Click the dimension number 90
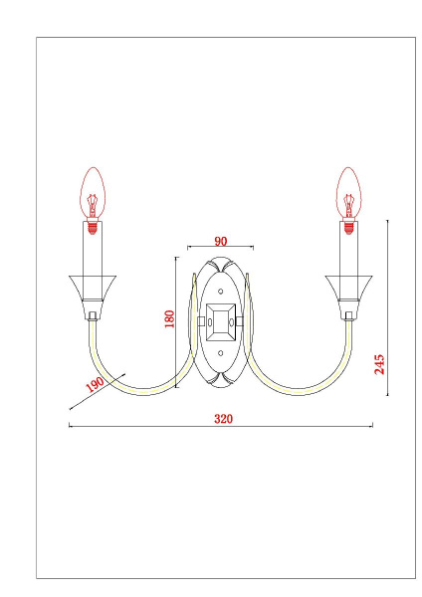pyautogui.click(x=220, y=241)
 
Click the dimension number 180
pyautogui.click(x=169, y=318)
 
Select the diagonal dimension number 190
pyautogui.click(x=96, y=384)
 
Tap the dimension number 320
pyautogui.click(x=223, y=419)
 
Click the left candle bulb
pyautogui.click(x=93, y=193)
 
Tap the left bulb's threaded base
pyautogui.click(x=93, y=226)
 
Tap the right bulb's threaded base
pyautogui.click(x=349, y=226)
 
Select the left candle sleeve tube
pyautogui.click(x=93, y=253)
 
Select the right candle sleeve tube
pyautogui.click(x=349, y=253)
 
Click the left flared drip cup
pyautogui.click(x=93, y=289)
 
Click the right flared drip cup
pyautogui.click(x=349, y=289)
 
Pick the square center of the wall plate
pyautogui.click(x=221, y=321)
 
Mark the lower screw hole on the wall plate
pyautogui.click(x=221, y=352)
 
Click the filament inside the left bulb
pyautogui.click(x=93, y=205)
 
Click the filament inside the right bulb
pyautogui.click(x=349, y=205)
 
